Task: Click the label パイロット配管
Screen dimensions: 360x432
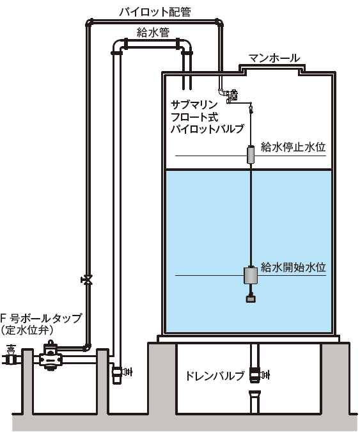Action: point(155,12)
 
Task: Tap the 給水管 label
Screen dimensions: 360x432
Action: point(153,33)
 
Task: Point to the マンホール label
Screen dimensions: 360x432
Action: point(274,58)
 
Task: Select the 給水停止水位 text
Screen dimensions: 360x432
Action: point(293,147)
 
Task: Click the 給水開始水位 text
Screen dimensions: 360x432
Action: point(293,268)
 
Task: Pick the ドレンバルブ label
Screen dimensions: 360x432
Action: point(215,376)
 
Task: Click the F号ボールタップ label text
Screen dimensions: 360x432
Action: point(41,318)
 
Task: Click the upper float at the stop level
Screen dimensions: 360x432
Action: point(251,155)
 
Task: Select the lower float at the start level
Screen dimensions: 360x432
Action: point(251,275)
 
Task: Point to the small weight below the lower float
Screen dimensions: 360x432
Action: point(251,298)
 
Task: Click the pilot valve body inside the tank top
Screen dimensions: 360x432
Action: point(231,96)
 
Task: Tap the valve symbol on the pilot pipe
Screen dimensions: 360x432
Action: point(87,280)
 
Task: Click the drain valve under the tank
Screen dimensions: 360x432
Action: point(258,375)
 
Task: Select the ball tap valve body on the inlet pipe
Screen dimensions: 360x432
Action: point(50,356)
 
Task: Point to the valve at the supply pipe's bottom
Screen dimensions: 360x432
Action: point(121,372)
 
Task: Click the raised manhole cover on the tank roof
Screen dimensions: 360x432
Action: point(272,68)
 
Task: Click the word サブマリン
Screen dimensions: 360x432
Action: point(194,105)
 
